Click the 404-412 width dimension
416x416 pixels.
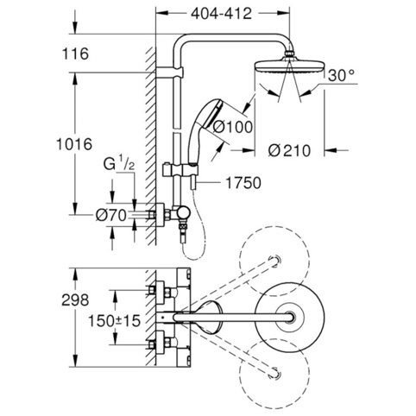[x=221, y=14]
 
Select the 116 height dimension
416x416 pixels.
[x=76, y=54]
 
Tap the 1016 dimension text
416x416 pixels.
[x=74, y=144]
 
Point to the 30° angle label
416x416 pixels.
[x=341, y=76]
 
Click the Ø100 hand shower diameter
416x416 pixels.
[x=232, y=127]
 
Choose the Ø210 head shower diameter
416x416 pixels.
[x=289, y=150]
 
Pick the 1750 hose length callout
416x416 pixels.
[x=243, y=183]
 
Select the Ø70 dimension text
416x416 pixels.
[x=111, y=215]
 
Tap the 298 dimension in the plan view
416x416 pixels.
[x=75, y=300]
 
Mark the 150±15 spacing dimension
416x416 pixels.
[x=114, y=321]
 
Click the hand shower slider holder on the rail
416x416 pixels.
[x=180, y=171]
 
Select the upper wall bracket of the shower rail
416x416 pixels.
[x=169, y=72]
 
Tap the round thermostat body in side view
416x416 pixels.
[x=183, y=214]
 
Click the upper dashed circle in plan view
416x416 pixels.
[x=274, y=261]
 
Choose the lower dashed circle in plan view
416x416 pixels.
[x=274, y=374]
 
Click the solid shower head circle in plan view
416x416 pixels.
[x=290, y=318]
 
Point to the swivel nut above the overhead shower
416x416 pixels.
[x=289, y=54]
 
